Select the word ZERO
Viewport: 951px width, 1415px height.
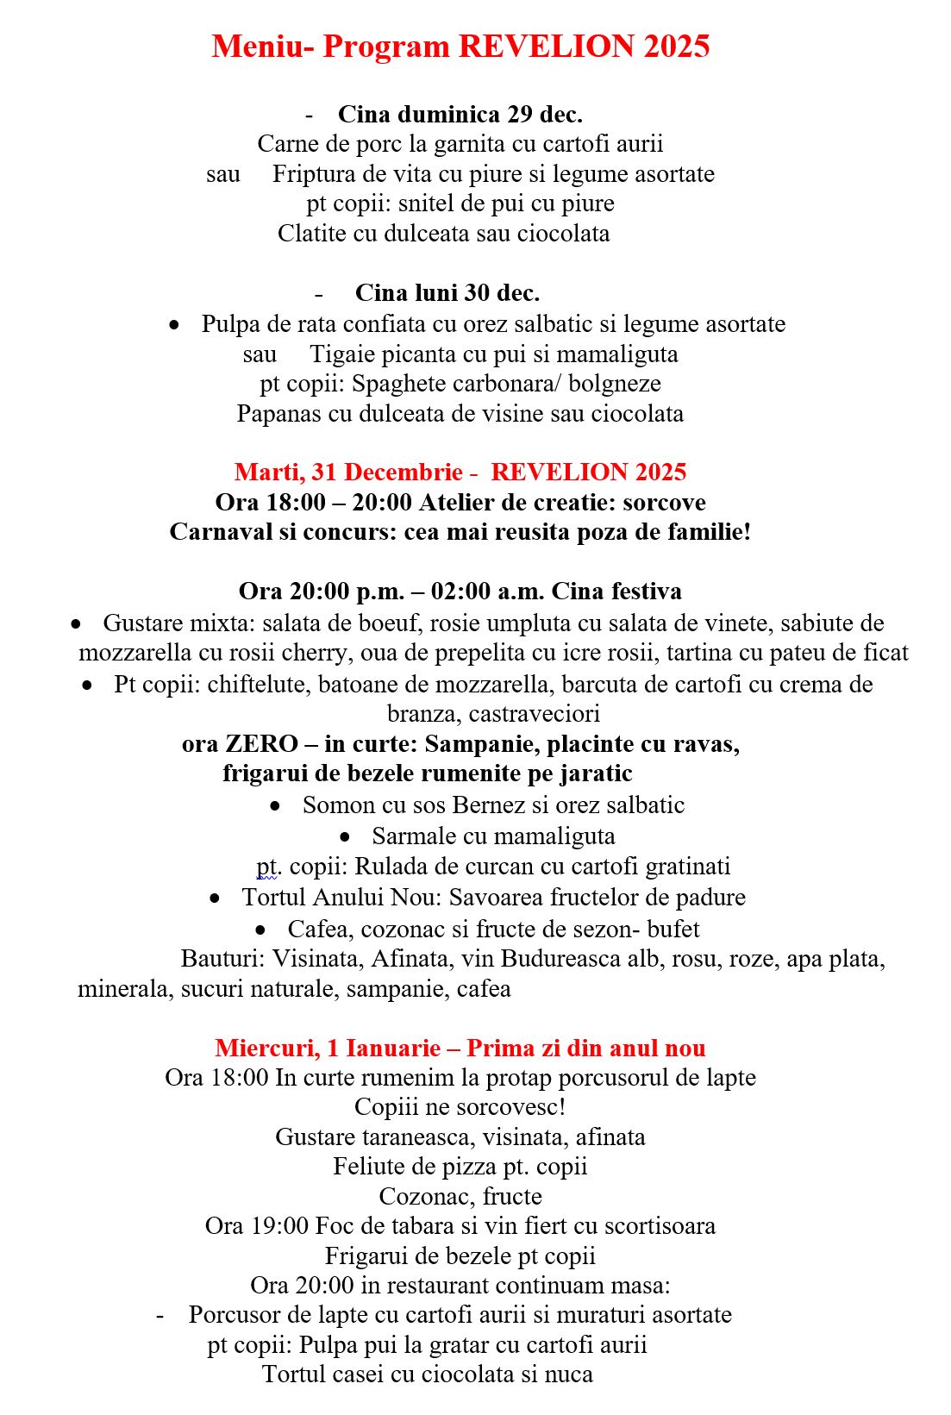click(261, 744)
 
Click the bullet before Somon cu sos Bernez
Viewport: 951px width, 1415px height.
click(275, 806)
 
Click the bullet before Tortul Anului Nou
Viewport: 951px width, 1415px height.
click(215, 898)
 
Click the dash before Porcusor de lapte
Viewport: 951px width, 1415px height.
click(160, 1315)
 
